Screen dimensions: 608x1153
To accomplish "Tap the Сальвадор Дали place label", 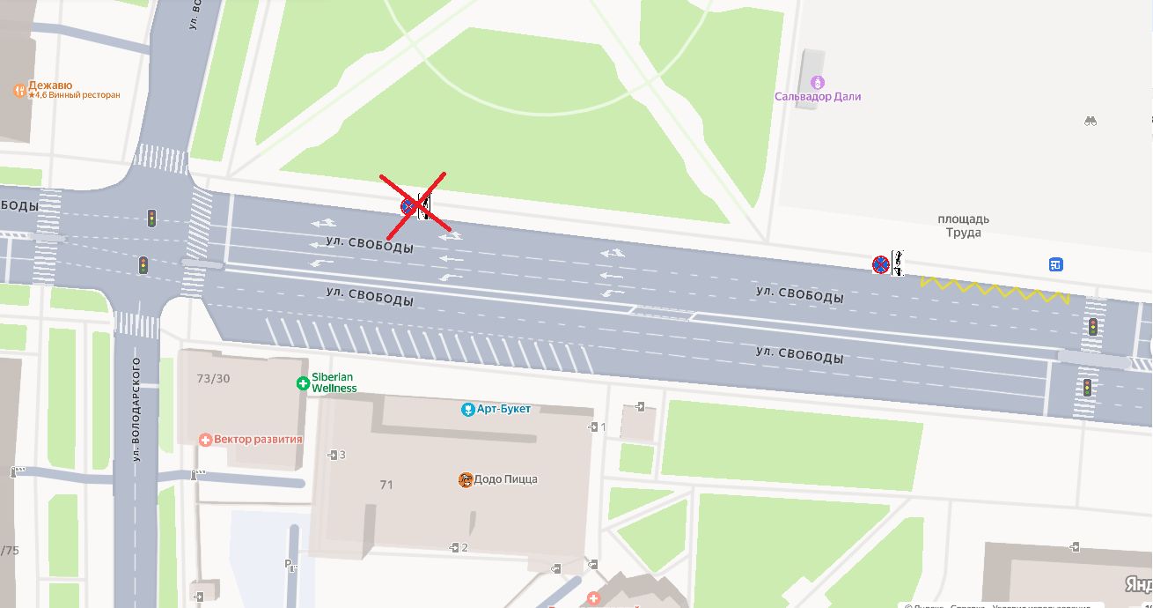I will pos(818,97).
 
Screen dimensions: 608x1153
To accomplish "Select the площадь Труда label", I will pos(963,226).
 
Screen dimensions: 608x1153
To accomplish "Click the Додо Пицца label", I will pos(505,479).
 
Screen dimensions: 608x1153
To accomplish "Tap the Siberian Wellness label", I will pos(334,382).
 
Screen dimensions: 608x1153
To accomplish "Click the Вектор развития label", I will pos(258,439).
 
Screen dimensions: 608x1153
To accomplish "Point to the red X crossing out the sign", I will pos(413,206).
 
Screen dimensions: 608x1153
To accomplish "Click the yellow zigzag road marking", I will pos(995,289).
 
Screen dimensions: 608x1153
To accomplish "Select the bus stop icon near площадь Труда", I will pos(1055,264).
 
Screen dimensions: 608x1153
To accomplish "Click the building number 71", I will pos(386,485).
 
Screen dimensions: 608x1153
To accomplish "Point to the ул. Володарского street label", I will pos(137,409).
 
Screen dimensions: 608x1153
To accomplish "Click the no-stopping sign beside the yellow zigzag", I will pos(880,263).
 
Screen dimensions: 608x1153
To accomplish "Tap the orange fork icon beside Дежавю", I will pos(19,91).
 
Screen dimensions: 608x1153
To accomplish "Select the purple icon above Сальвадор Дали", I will pos(818,82).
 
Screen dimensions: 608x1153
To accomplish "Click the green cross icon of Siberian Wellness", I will pos(303,383).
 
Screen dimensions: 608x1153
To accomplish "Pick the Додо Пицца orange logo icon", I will pos(466,479).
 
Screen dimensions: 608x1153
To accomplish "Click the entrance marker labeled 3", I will pos(335,455).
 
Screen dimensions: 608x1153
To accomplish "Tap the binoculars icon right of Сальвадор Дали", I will pos(1091,121).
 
